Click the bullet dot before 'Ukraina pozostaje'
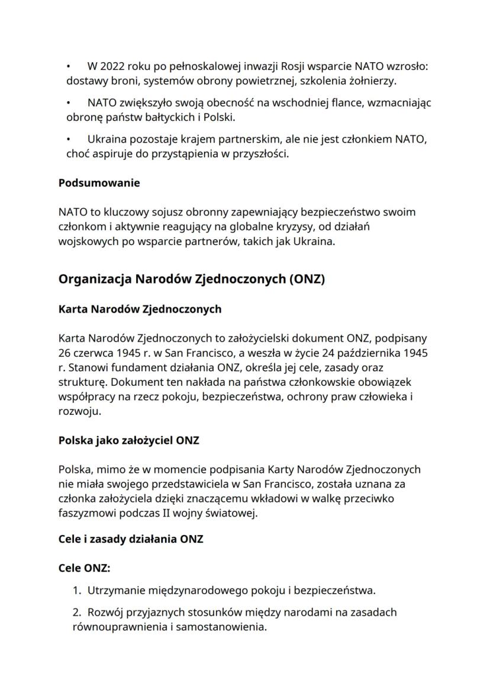[x=69, y=140]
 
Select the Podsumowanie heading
[x=99, y=183]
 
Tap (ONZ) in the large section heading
[x=306, y=279]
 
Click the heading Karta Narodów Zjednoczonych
[x=140, y=309]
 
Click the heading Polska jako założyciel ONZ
[x=128, y=440]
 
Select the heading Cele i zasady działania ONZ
[x=131, y=540]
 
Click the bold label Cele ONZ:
[x=84, y=568]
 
